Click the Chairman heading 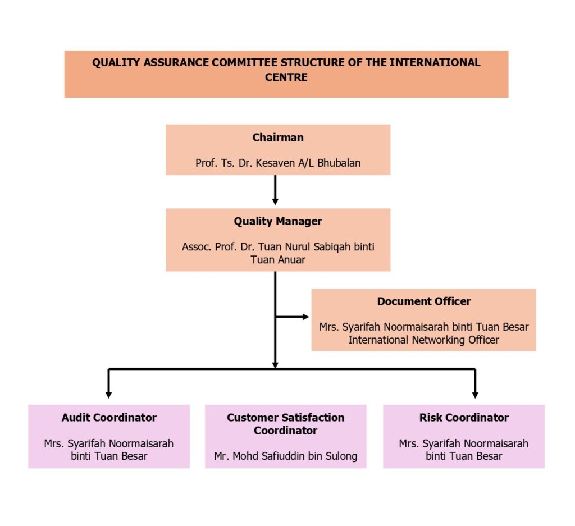pos(277,138)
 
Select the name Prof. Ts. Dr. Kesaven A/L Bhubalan pos(277,163)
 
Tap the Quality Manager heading pos(277,221)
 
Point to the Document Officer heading pos(423,301)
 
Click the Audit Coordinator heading pos(109,418)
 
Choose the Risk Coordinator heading pos(464,418)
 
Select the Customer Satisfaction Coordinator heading pos(285,424)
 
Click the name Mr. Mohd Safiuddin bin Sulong pos(285,456)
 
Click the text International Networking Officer pos(423,340)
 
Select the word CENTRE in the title pos(286,77)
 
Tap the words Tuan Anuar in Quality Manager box pos(277,260)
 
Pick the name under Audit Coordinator pos(109,450)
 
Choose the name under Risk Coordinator pos(464,450)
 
